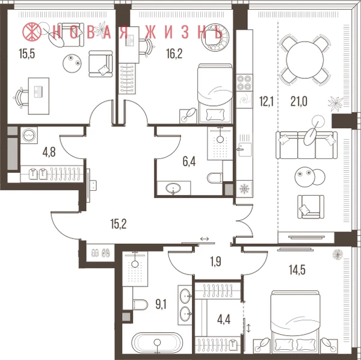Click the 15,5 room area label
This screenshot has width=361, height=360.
pos(26,54)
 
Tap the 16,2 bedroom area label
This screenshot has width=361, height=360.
pos(174,54)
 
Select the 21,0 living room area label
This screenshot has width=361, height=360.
pos(299,102)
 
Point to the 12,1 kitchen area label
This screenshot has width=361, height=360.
pos(267,102)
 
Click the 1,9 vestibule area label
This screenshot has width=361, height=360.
pos(216,262)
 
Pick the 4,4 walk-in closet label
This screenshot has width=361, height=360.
pos(224,320)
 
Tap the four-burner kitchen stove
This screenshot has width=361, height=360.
pos(244,82)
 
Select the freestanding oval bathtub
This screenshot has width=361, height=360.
pos(157,342)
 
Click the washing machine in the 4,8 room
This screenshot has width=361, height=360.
pos(29,135)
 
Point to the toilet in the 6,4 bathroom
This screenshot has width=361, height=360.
pos(215,178)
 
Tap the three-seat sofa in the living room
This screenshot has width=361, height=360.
pos(306,145)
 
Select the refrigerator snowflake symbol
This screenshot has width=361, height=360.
pos(244,189)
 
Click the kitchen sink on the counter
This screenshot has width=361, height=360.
pos(245,149)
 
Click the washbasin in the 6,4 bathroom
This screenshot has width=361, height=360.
pos(173,188)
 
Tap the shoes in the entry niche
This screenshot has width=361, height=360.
pos(101,253)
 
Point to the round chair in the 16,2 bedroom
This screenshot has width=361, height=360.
pos(215,37)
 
